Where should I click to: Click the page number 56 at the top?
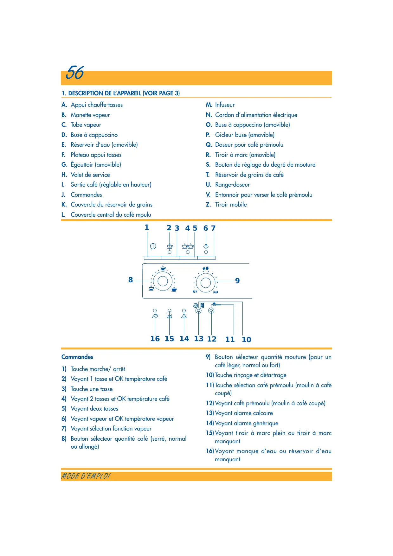pyautogui.click(x=75, y=73)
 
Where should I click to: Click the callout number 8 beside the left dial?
pyautogui.click(x=131, y=280)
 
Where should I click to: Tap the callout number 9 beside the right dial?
pyautogui.click(x=237, y=281)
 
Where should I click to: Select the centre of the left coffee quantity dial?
pyautogui.click(x=163, y=281)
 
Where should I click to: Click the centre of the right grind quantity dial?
pyautogui.click(x=206, y=282)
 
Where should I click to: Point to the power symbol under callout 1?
pyautogui.click(x=153, y=246)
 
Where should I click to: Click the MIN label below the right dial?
pyautogui.click(x=195, y=291)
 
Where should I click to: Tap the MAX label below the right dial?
pyautogui.click(x=216, y=292)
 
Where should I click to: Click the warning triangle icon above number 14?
pyautogui.click(x=184, y=316)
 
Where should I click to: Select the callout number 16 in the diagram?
pyautogui.click(x=155, y=339)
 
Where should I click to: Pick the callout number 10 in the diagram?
pyautogui.click(x=246, y=340)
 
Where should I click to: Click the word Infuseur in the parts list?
pyautogui.click(x=225, y=105)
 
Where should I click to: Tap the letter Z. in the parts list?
pyautogui.click(x=208, y=205)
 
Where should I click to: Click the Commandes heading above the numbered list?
pyautogui.click(x=77, y=357)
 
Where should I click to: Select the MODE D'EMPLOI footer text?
pyautogui.click(x=86, y=476)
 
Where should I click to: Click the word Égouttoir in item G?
pyautogui.click(x=82, y=165)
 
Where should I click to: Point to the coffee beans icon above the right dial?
pyautogui.click(x=206, y=269)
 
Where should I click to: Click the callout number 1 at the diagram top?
pyautogui.click(x=147, y=227)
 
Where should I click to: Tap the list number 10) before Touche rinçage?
pyautogui.click(x=210, y=375)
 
